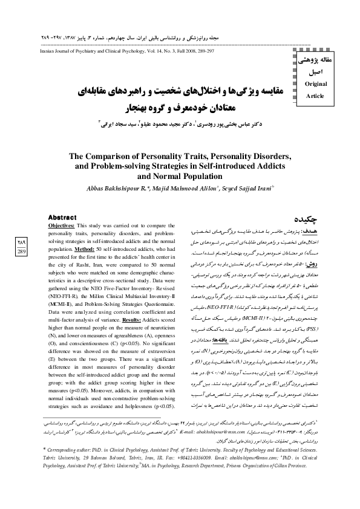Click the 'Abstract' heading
click(62, 216)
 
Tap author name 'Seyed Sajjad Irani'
click(240, 187)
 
